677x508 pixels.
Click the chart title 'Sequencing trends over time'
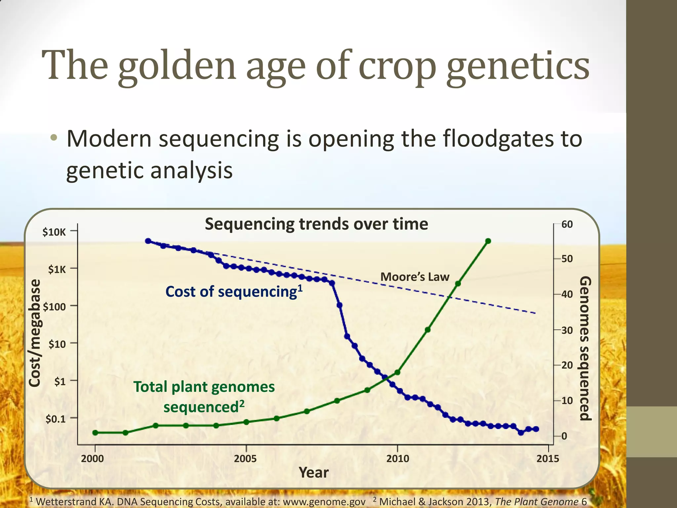coord(316,224)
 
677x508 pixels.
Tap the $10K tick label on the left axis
coord(54,232)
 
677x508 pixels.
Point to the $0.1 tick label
coord(56,419)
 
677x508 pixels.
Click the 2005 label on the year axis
coord(245,459)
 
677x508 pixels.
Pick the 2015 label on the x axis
coord(548,459)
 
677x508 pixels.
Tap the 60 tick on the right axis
coord(567,225)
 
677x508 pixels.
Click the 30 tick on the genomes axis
coord(567,330)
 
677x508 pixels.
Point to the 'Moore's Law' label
coord(415,277)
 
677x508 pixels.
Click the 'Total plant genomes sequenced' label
coord(204,397)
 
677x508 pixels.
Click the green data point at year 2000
coord(95,433)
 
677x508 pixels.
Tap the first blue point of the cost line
coord(148,241)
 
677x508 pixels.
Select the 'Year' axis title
coord(313,473)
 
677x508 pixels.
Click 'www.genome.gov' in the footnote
coord(324,502)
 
